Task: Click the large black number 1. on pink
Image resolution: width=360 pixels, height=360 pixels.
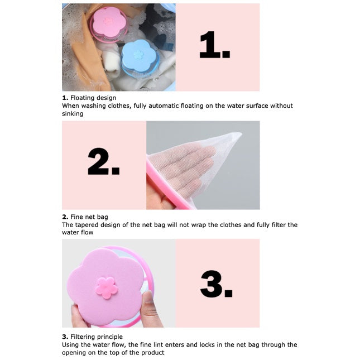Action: click(x=215, y=45)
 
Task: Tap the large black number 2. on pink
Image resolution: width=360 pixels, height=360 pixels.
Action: click(x=104, y=162)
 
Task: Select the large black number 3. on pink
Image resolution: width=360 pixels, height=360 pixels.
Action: click(x=216, y=284)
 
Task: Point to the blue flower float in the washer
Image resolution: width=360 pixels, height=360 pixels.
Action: click(x=140, y=58)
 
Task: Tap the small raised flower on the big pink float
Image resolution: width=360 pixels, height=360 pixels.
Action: click(x=107, y=287)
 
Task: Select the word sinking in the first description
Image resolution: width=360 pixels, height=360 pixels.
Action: click(x=73, y=114)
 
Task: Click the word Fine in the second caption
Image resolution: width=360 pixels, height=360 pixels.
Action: click(x=75, y=217)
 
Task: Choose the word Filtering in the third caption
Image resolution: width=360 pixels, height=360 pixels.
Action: click(x=83, y=337)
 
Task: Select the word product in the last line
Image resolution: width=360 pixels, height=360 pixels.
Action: click(x=153, y=353)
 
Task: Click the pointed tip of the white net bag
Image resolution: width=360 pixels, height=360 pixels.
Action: click(x=240, y=133)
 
